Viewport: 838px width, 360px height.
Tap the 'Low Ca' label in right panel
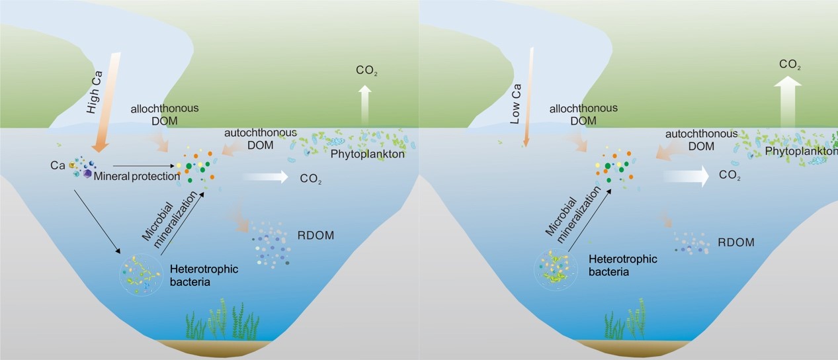pyautogui.click(x=516, y=105)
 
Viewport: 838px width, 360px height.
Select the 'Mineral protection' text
pyautogui.click(x=137, y=176)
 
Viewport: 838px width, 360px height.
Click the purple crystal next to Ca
pyautogui.click(x=87, y=173)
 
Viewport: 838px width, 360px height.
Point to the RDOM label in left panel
pyautogui.click(x=315, y=236)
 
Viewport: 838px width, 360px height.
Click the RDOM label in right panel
pyautogui.click(x=736, y=242)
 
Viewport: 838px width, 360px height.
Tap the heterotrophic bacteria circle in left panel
pyautogui.click(x=141, y=275)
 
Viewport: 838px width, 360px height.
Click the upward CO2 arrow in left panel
pyautogui.click(x=365, y=105)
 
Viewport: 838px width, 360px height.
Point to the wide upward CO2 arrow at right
pyautogui.click(x=788, y=102)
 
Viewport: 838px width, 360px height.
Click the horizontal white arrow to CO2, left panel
pyautogui.click(x=266, y=176)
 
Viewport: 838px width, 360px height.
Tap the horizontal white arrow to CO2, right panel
pyautogui.click(x=687, y=176)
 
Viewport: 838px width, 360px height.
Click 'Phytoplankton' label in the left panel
pyautogui.click(x=367, y=154)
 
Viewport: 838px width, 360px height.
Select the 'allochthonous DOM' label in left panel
pyautogui.click(x=165, y=114)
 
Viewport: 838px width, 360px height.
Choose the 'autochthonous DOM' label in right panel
pyautogui.click(x=702, y=140)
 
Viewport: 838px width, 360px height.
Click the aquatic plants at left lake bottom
pyautogui.click(x=222, y=321)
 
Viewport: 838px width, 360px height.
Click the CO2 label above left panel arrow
pyautogui.click(x=366, y=70)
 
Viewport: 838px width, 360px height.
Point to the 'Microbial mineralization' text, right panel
pyautogui.click(x=572, y=215)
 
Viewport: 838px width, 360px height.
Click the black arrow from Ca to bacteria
pyautogui.click(x=97, y=222)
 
